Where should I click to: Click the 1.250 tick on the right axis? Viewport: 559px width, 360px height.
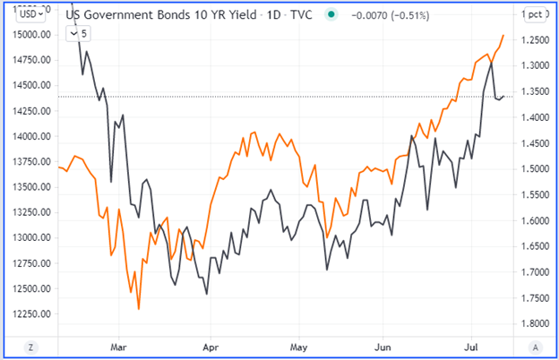coord(531,40)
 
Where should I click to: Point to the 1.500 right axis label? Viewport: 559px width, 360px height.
coord(531,169)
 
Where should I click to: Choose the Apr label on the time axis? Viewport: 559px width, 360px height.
coord(211,344)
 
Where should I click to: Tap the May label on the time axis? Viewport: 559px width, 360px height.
coord(298,344)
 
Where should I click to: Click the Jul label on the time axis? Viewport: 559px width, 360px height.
coord(472,344)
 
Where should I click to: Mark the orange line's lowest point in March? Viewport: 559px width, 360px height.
coord(138,309)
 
